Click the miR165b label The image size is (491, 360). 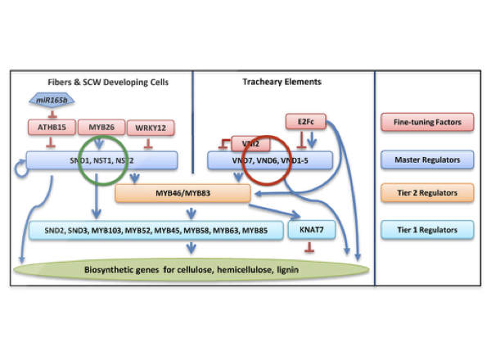point(53,101)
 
